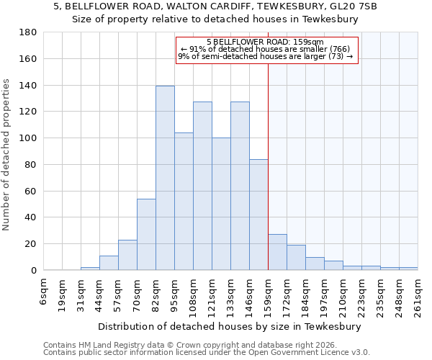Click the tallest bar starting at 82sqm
165,178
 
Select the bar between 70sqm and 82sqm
146,234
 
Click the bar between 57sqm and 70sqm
127,255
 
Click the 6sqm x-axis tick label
44,293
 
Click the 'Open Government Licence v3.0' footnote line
207,353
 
